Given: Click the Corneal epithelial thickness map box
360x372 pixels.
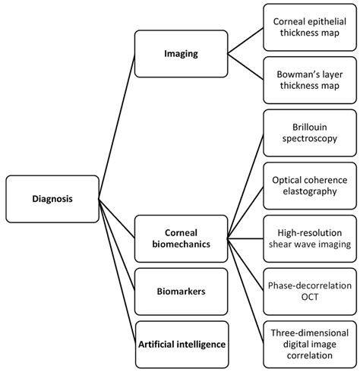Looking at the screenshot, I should coord(310,27).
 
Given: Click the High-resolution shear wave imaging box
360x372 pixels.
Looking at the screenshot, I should coord(310,236).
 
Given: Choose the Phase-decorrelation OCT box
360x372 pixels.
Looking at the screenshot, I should coord(310,289).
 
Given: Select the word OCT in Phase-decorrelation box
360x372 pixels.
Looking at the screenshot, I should coord(310,296).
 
